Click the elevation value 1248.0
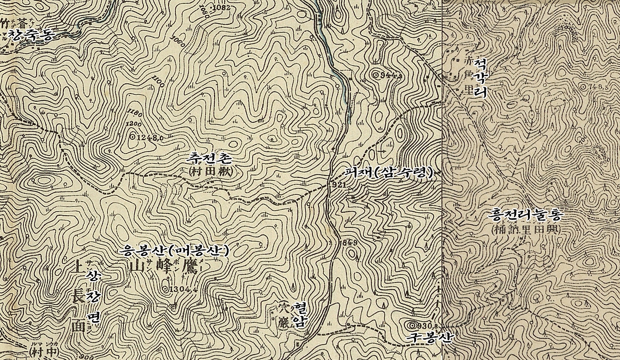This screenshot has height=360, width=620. coord(151,138)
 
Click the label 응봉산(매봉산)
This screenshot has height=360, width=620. coord(176,250)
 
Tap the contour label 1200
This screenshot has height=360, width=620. coord(131,125)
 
